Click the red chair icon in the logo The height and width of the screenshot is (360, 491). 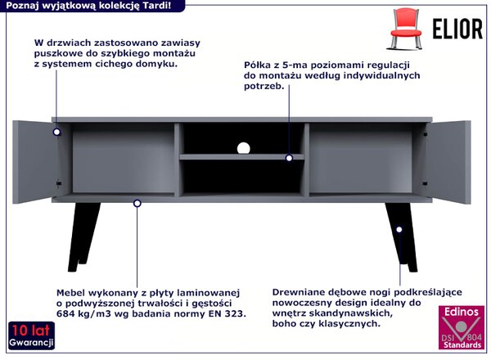tap(406, 29)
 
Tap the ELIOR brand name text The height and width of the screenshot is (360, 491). tap(457, 29)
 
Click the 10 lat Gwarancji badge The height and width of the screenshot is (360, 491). tap(31, 335)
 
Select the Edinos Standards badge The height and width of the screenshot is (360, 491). tap(462, 327)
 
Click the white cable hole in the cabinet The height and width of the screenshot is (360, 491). tap(244, 148)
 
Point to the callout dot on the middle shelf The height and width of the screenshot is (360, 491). tap(289, 158)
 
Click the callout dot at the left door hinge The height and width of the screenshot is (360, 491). tap(56, 132)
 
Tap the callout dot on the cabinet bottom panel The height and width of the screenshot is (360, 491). tap(137, 204)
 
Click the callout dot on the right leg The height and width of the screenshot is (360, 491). tap(399, 229)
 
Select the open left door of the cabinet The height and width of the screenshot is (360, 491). tap(36, 162)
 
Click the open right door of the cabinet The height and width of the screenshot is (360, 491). tap(448, 162)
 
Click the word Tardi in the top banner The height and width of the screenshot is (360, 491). tap(156, 6)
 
